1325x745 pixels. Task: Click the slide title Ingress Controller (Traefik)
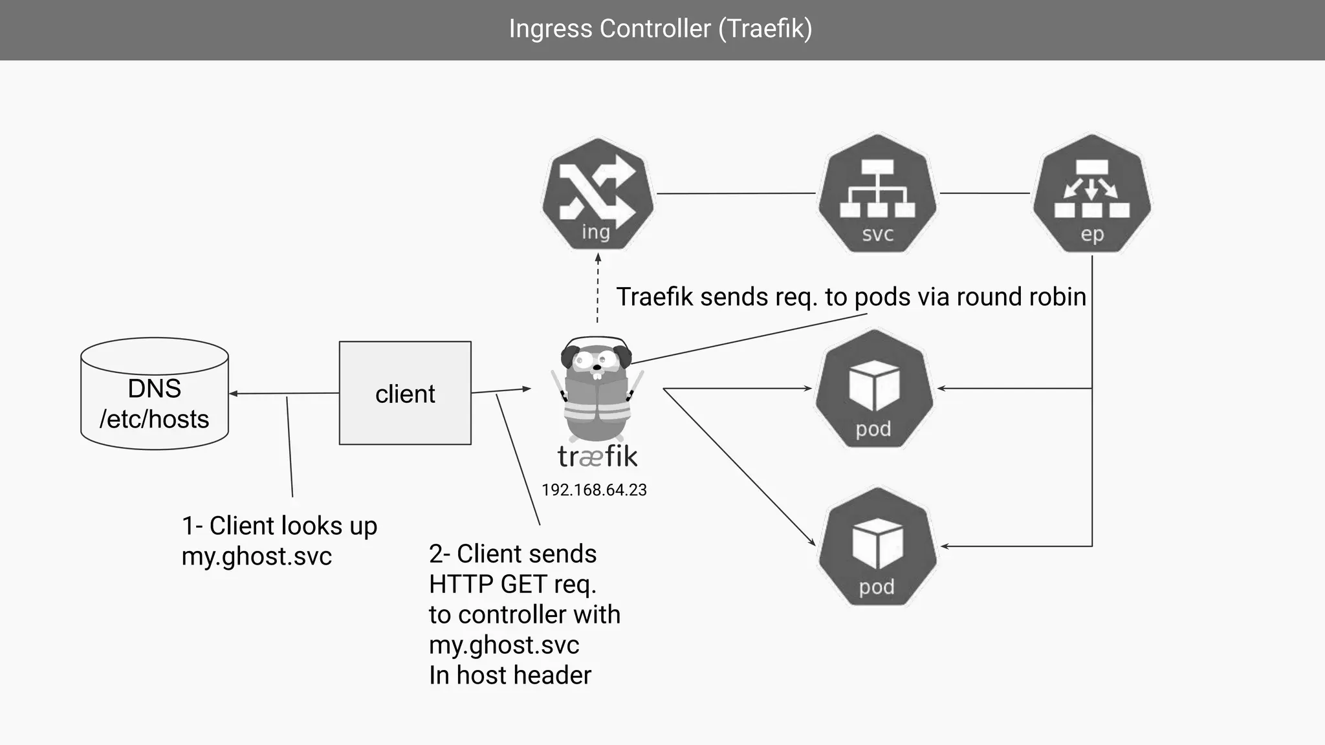click(661, 29)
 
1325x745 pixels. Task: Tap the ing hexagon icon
click(597, 193)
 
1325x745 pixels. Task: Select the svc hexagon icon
click(877, 193)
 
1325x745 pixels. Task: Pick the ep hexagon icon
click(1092, 193)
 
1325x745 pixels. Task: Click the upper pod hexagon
click(874, 389)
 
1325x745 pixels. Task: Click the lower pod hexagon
click(877, 546)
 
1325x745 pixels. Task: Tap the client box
click(405, 393)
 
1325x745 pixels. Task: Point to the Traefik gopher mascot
click(596, 388)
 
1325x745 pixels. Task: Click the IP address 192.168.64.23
click(594, 490)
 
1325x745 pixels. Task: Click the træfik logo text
click(597, 457)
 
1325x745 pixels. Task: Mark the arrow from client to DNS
click(285, 393)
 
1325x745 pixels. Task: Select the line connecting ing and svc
click(736, 193)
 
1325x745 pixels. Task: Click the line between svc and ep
click(984, 193)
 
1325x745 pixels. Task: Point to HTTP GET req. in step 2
click(512, 584)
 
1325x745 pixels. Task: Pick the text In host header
click(510, 675)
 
